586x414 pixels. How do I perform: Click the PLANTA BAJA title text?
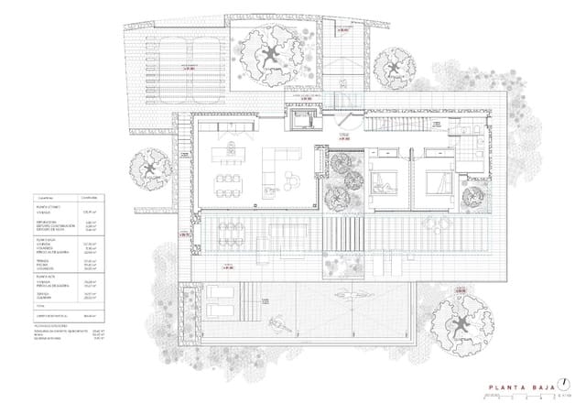[x=520, y=386]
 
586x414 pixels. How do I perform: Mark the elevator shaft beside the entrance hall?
[x=302, y=121]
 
